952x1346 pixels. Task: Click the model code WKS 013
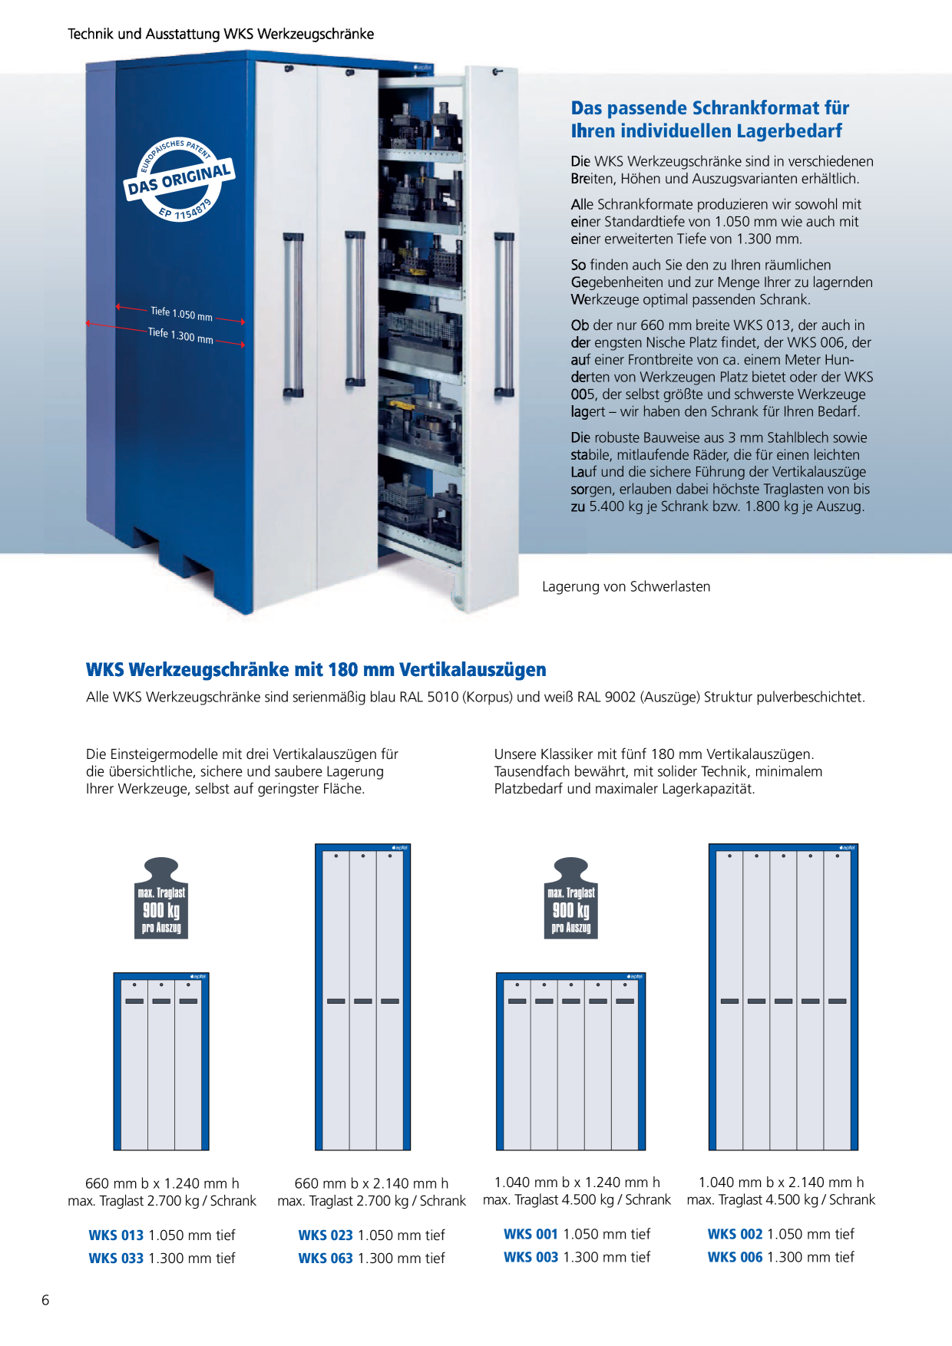click(116, 1235)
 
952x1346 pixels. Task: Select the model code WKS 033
click(116, 1258)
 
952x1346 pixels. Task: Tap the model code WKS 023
click(326, 1235)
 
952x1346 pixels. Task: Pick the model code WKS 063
click(326, 1258)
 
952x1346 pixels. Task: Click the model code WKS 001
click(531, 1234)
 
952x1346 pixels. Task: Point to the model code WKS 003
click(531, 1257)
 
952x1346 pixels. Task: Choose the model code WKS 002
click(735, 1234)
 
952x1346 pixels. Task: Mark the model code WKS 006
click(735, 1257)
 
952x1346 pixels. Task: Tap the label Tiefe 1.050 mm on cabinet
click(181, 314)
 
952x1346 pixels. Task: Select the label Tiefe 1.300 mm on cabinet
click(180, 335)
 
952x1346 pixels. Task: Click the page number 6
click(45, 1300)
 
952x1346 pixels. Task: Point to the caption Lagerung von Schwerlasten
click(626, 586)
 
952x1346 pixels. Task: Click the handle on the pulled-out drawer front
click(504, 314)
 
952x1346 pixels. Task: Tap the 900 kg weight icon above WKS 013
click(161, 898)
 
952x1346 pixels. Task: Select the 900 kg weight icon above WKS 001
click(571, 898)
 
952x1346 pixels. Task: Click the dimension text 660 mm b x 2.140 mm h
click(372, 1183)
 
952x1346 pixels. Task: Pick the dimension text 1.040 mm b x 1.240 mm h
click(577, 1183)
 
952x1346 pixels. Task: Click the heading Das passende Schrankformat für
click(710, 107)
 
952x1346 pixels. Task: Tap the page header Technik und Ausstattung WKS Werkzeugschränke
click(221, 34)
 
